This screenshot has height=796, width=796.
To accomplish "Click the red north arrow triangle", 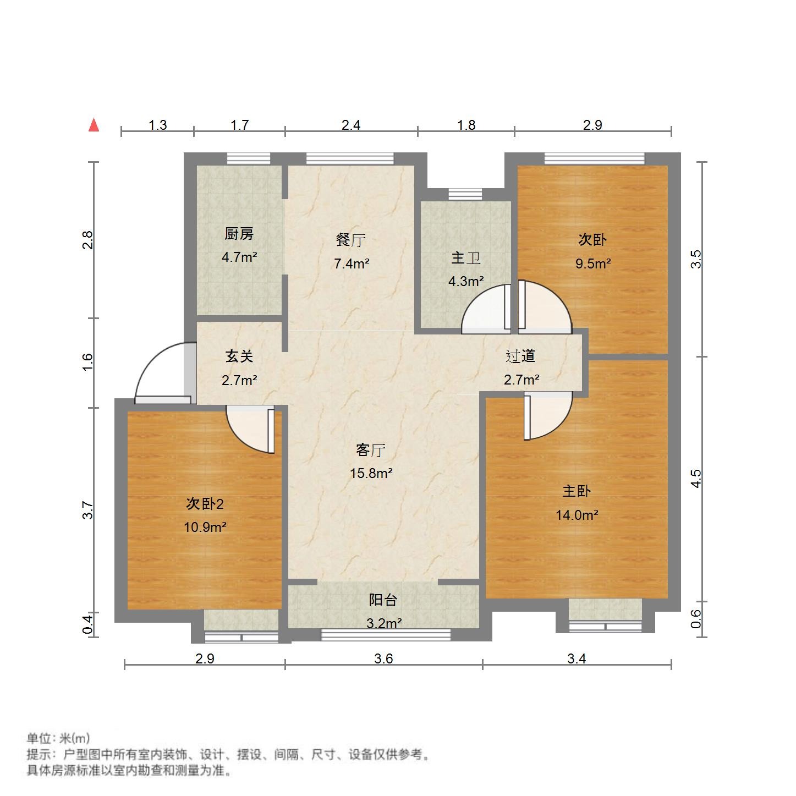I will [x=94, y=125].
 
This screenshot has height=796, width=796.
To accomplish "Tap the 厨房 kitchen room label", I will [x=239, y=234].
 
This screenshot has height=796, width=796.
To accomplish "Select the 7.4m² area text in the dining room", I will [x=352, y=263].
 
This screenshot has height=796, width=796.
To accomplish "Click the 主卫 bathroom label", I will [x=465, y=258].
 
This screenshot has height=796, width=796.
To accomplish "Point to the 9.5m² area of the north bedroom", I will [x=593, y=263].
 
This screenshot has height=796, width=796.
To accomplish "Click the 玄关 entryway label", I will [x=239, y=356].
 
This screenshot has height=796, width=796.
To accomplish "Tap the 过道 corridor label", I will [x=520, y=356].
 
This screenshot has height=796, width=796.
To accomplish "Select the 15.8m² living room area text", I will [x=371, y=473].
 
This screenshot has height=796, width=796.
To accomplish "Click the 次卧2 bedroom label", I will [x=205, y=503].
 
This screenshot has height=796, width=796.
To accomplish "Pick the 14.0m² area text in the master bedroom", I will [x=577, y=515].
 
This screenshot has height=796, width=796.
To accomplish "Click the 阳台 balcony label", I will [x=383, y=600].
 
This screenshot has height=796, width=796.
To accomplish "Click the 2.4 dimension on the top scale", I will [x=351, y=125].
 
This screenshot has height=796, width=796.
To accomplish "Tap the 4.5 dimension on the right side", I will [x=696, y=479].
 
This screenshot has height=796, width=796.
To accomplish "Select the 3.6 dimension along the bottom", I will [x=383, y=658].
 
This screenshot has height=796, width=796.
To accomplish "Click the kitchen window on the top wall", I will [x=249, y=159].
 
